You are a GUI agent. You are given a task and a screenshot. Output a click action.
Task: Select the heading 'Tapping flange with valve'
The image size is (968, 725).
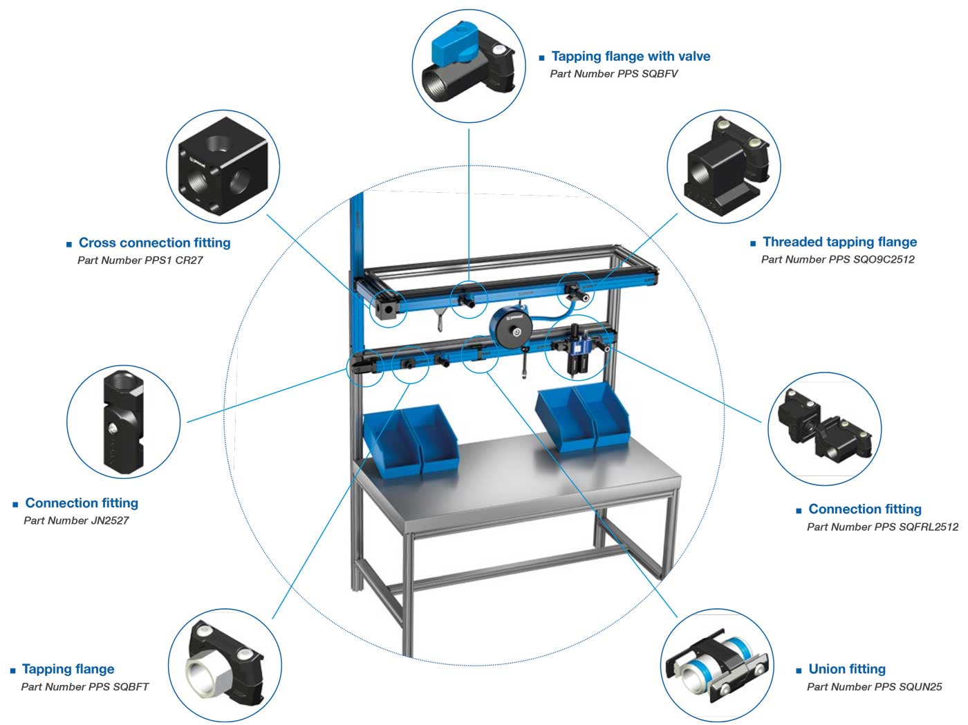point(631,57)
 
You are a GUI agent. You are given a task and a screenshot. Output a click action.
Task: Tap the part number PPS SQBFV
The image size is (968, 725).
point(614,74)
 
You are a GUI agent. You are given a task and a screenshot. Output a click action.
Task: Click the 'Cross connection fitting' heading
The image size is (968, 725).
point(154,243)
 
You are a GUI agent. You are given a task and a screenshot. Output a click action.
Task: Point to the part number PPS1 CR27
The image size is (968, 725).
point(140,261)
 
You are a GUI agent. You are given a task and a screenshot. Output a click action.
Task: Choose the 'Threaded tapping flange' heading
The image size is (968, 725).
point(839,242)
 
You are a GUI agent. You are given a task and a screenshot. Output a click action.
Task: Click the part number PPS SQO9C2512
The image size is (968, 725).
point(838,260)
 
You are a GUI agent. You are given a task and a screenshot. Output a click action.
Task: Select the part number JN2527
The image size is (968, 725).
point(76,520)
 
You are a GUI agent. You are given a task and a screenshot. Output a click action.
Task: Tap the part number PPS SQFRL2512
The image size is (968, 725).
point(882,527)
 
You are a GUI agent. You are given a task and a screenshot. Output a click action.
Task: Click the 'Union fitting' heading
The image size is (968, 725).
point(846,669)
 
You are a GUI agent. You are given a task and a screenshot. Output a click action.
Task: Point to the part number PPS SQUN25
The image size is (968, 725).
point(874,687)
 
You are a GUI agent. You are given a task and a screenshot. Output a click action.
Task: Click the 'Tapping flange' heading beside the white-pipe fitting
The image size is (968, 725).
point(68,669)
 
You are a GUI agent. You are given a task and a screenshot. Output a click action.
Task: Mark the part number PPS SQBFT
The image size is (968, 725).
point(85,687)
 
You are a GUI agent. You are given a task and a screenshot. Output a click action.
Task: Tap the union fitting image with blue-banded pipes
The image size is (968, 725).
point(716,668)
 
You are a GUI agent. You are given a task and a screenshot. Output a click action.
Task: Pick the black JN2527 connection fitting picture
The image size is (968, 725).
point(123,421)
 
